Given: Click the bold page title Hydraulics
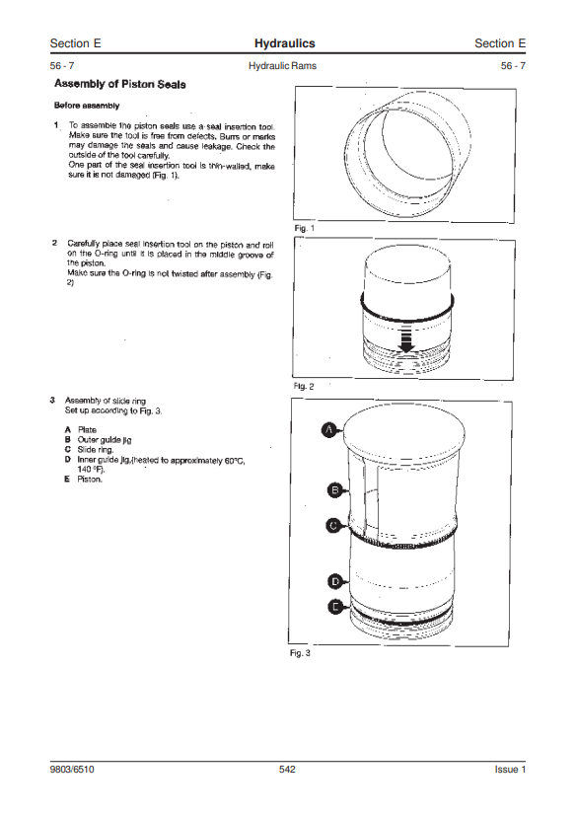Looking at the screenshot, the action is pyautogui.click(x=284, y=43).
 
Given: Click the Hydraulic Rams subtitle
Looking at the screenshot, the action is pyautogui.click(x=282, y=66).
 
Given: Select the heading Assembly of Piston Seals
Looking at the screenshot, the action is pyautogui.click(x=120, y=84).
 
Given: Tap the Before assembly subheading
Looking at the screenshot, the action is pyautogui.click(x=87, y=106).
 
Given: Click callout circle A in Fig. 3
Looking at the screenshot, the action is pyautogui.click(x=328, y=430).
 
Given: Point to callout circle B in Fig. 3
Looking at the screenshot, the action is pyautogui.click(x=335, y=490).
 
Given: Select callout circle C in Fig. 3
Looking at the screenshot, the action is pyautogui.click(x=334, y=525).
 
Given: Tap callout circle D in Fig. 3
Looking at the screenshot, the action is pyautogui.click(x=335, y=581).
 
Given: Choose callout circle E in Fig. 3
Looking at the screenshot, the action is pyautogui.click(x=335, y=607).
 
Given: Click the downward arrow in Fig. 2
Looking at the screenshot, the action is pyautogui.click(x=406, y=338).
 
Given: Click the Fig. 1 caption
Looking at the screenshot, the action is pyautogui.click(x=304, y=229).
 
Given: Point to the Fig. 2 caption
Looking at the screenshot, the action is pyautogui.click(x=304, y=386).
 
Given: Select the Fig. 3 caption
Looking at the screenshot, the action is pyautogui.click(x=300, y=653).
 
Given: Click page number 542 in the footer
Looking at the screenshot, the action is pyautogui.click(x=287, y=770).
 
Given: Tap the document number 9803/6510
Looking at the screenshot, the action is pyautogui.click(x=72, y=770).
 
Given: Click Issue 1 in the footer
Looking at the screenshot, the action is pyautogui.click(x=510, y=770).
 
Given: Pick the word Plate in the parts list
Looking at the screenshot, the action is pyautogui.click(x=87, y=430).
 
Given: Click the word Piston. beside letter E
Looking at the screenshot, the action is pyautogui.click(x=90, y=479).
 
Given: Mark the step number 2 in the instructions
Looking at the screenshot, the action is pyautogui.click(x=54, y=243).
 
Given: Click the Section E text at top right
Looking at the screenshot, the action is pyautogui.click(x=500, y=43).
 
